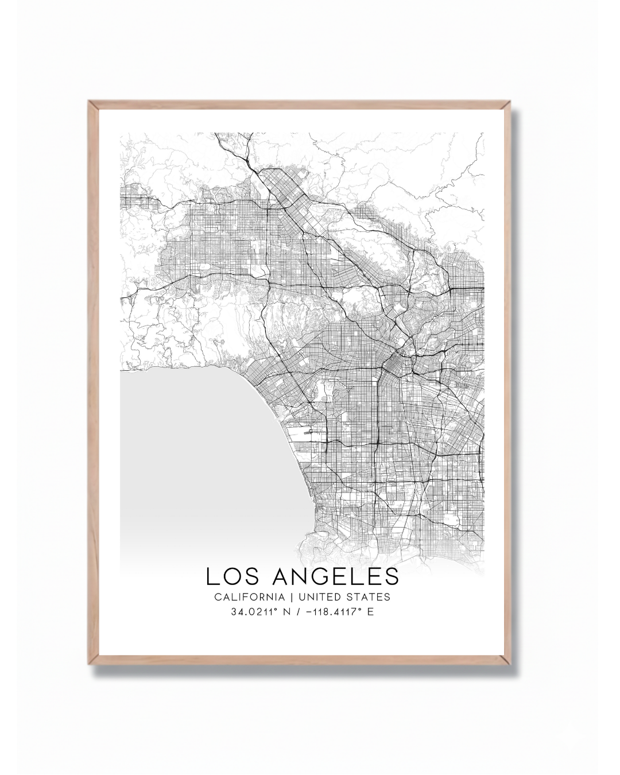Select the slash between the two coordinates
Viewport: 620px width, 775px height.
coord(297,612)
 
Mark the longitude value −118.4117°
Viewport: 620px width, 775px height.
coord(332,612)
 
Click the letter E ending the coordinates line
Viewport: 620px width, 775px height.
coord(370,612)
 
